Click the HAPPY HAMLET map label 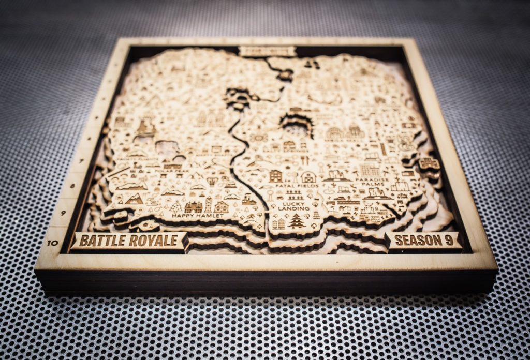[197, 215]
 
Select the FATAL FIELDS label [293, 185]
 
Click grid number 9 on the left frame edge [63, 213]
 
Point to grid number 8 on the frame [72, 186]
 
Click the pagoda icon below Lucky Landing [297, 221]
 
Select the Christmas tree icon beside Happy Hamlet [176, 206]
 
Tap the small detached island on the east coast [429, 164]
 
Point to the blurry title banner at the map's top [267, 51]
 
